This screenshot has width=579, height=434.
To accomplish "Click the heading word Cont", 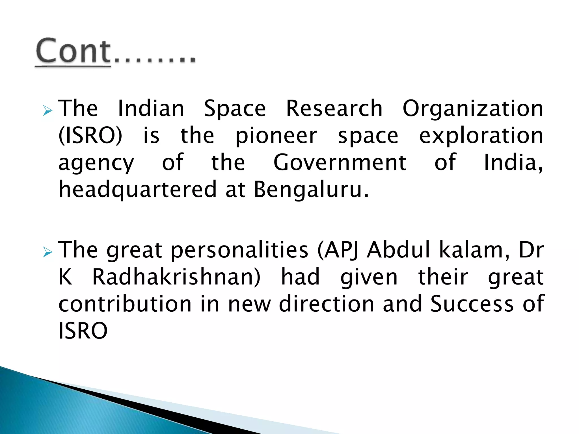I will coord(73,51).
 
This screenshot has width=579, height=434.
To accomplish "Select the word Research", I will coord(334,108).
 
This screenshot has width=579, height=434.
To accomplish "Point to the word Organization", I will coord(472,109).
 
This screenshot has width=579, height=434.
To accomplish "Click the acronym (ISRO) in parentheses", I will coord(90,136).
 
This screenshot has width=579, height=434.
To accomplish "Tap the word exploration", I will coord(481,136).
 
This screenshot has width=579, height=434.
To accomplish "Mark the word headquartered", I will coord(137,190).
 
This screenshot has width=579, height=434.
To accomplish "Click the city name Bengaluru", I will coord(311,190).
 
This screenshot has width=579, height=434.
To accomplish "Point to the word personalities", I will coord(239,250).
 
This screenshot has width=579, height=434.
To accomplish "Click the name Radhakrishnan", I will coord(176,277).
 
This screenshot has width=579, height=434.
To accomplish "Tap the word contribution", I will coord(125,304).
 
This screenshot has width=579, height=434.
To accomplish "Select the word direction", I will coord(327,304).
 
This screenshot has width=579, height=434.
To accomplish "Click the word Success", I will coord(472,304).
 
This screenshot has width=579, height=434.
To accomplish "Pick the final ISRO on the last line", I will coord(83,331).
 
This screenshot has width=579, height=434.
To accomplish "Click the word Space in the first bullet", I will coord(235,109).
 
